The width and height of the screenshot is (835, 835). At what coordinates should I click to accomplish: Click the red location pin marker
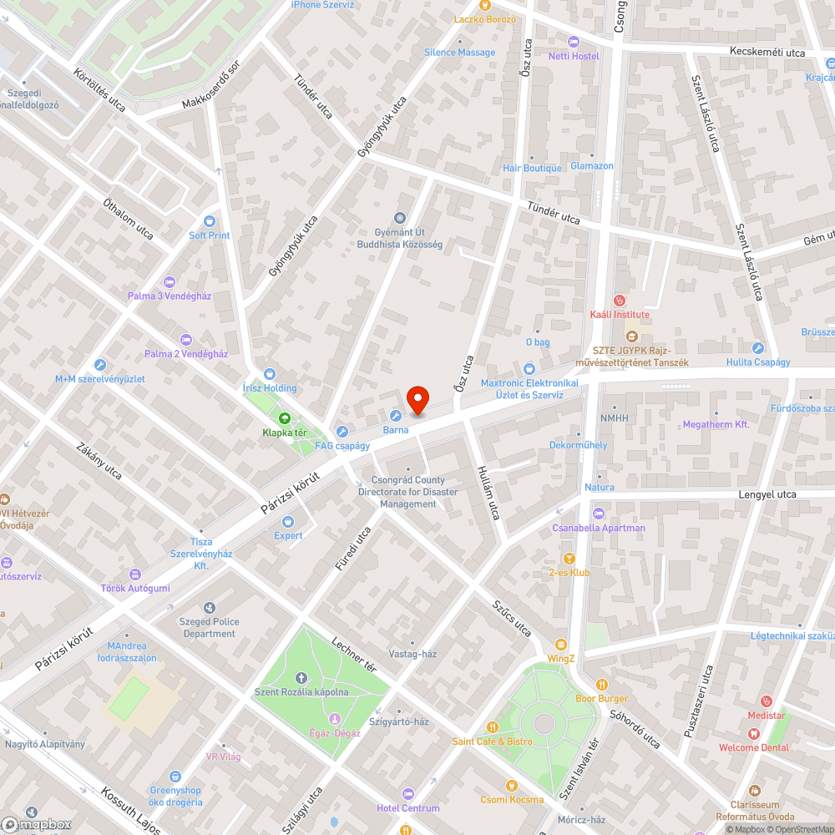tap(417, 400)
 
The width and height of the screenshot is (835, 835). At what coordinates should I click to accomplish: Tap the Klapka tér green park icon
tap(284, 417)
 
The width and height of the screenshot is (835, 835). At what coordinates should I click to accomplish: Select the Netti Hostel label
tap(574, 56)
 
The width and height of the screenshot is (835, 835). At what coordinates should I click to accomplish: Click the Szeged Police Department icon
tap(209, 608)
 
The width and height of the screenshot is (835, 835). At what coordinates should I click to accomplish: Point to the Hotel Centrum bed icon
tap(407, 793)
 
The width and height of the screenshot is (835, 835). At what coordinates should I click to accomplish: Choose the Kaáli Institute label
tap(620, 314)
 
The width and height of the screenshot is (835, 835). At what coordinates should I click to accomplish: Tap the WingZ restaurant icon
tap(560, 645)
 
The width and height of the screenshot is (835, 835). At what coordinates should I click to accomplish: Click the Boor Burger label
tap(601, 698)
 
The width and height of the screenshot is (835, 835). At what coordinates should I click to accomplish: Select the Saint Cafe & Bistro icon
tap(492, 727)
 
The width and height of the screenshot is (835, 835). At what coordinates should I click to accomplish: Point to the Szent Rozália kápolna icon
tap(301, 677)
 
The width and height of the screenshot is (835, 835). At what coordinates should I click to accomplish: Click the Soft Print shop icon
tap(209, 221)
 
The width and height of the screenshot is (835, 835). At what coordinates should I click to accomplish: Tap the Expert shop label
tap(289, 535)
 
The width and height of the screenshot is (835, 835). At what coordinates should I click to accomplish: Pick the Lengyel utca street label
tap(767, 494)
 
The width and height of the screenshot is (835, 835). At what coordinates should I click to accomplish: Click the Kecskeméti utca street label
tap(767, 53)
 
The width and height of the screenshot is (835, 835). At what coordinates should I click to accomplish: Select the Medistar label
tap(766, 716)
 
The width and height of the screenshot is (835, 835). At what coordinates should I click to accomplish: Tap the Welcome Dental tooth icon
tap(754, 732)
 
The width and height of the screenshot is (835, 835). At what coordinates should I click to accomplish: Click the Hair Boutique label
tap(532, 168)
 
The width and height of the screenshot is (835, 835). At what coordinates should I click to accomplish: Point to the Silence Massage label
tap(459, 52)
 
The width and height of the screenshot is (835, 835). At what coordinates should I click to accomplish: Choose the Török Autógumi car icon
tap(135, 574)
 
